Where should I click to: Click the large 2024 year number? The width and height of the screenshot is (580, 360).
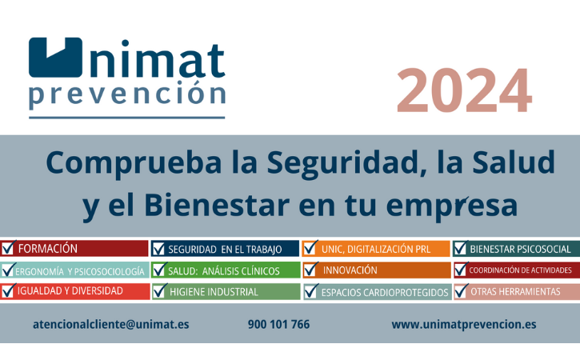pyautogui.click(x=464, y=90)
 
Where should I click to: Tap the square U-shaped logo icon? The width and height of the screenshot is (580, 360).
pyautogui.click(x=55, y=58)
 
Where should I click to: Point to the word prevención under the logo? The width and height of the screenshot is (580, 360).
pyautogui.click(x=127, y=94)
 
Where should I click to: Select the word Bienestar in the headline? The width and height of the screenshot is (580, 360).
pyautogui.click(x=217, y=206)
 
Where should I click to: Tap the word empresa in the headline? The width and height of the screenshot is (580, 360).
pyautogui.click(x=452, y=206)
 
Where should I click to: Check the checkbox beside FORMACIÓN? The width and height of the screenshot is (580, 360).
pyautogui.click(x=8, y=248)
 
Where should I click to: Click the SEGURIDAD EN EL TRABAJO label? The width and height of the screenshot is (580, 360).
pyautogui.click(x=225, y=250)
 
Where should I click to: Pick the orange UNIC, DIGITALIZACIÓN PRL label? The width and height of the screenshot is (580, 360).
pyautogui.click(x=376, y=249)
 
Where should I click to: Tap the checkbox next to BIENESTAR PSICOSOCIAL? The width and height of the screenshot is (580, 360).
pyautogui.click(x=461, y=248)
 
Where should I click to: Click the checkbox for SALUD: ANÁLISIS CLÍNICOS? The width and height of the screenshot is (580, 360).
pyautogui.click(x=159, y=270)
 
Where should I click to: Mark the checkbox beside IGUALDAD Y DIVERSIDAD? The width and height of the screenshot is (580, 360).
pyautogui.click(x=8, y=291)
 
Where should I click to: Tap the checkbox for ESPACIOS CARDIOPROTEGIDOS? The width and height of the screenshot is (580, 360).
pyautogui.click(x=311, y=291)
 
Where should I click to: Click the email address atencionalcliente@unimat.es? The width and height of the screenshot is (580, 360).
pyautogui.click(x=111, y=325)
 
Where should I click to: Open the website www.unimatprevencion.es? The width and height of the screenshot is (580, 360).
pyautogui.click(x=464, y=325)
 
